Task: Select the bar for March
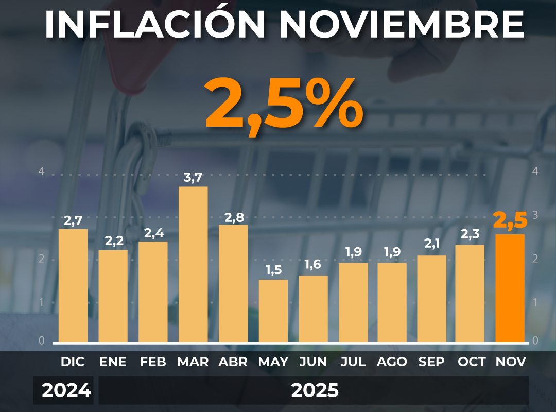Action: pyautogui.click(x=193, y=264)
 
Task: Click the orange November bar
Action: pyautogui.click(x=510, y=288)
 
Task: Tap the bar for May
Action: pyautogui.click(x=273, y=311)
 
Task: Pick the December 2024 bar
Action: pyautogui.click(x=73, y=285)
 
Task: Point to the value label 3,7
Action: pyautogui.click(x=193, y=178)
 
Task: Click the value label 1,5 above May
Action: pyautogui.click(x=273, y=270)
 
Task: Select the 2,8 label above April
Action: pyautogui.click(x=233, y=217)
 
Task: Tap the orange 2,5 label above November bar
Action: pyautogui.click(x=510, y=220)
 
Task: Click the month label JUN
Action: pyautogui.click(x=313, y=362)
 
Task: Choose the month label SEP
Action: pyautogui.click(x=431, y=362)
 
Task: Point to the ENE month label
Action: pyautogui.click(x=113, y=362)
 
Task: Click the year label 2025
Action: pyautogui.click(x=315, y=391)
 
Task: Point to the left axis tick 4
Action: pyautogui.click(x=42, y=171)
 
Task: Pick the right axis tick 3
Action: pyautogui.click(x=535, y=215)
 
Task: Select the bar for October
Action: pyautogui.click(x=470, y=293)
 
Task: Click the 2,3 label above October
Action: pyautogui.click(x=470, y=234)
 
